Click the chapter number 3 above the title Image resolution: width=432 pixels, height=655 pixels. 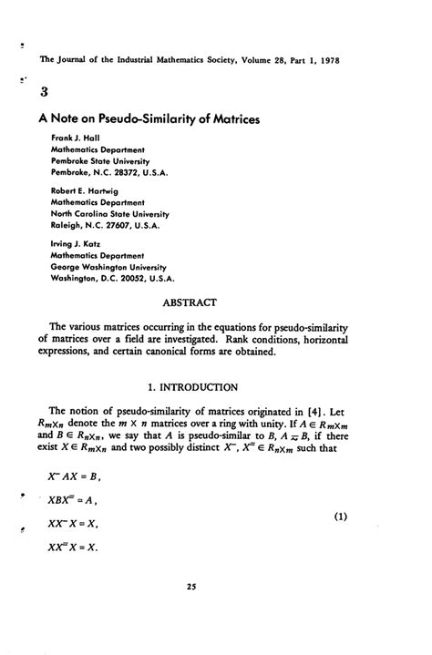(46, 91)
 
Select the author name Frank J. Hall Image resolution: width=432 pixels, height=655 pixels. (76, 137)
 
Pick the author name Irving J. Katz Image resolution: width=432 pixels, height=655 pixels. (77, 244)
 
